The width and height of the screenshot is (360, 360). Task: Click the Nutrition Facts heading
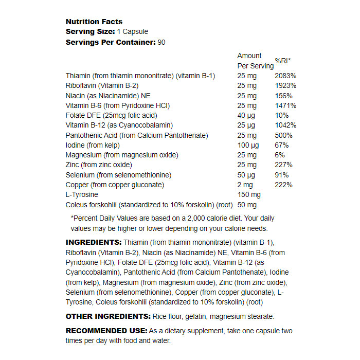click(x=94, y=22)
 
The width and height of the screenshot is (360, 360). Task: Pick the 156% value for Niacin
click(x=283, y=96)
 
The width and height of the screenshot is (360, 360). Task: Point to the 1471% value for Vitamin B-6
click(x=285, y=105)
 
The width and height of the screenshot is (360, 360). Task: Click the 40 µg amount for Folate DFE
click(x=246, y=115)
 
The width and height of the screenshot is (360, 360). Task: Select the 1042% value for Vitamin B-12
click(x=285, y=125)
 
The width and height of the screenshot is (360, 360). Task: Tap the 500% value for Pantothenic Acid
click(x=283, y=135)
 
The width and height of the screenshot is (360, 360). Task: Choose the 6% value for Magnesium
click(x=280, y=155)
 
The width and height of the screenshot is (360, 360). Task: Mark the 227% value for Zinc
click(x=283, y=165)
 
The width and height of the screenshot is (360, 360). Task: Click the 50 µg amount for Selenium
click(x=246, y=175)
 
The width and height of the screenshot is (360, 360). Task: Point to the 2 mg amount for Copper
click(x=245, y=185)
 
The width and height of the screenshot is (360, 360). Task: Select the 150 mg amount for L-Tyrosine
click(x=249, y=195)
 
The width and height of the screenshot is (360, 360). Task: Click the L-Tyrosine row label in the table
click(x=82, y=195)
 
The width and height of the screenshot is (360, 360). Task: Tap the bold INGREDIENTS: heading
click(x=94, y=242)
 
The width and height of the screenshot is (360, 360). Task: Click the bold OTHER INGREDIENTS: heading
click(x=107, y=316)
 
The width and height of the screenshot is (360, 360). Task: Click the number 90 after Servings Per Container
click(x=161, y=42)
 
